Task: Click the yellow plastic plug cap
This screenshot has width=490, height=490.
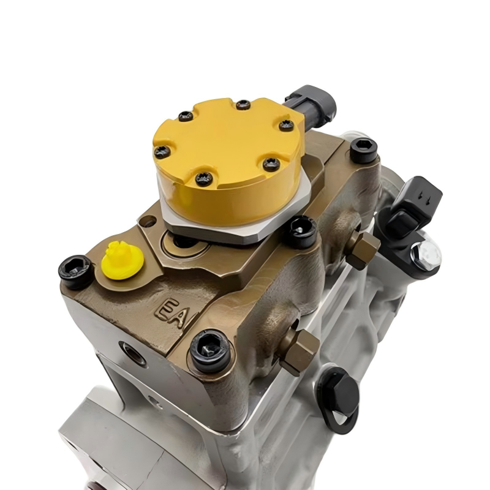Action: pyautogui.click(x=123, y=260)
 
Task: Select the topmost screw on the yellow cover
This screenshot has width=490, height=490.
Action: pyautogui.click(x=243, y=105)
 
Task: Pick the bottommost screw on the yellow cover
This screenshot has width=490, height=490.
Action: pyautogui.click(x=204, y=179)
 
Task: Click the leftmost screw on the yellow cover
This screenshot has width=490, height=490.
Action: pyautogui.click(x=162, y=152)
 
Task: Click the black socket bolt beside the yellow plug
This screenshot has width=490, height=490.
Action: pyautogui.click(x=75, y=271)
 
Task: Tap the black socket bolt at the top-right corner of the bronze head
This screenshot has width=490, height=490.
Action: pyautogui.click(x=363, y=151)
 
